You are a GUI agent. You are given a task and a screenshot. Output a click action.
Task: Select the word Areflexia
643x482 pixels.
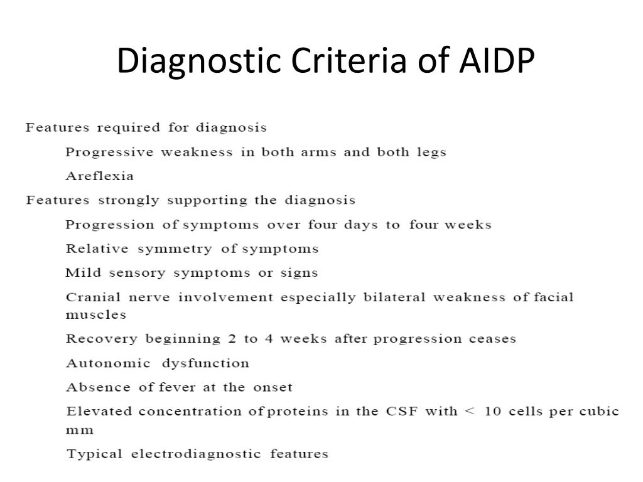pos(100,176)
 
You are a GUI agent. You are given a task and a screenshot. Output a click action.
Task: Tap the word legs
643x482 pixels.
pos(430,153)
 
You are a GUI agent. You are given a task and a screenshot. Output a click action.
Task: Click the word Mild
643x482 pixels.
pos(78,273)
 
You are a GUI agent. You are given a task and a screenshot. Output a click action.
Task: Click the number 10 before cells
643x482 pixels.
pos(492,412)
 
